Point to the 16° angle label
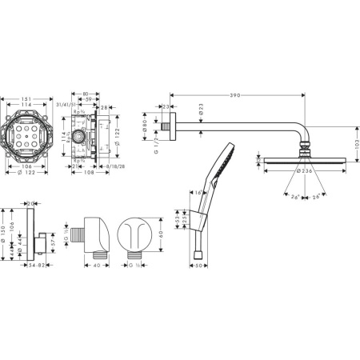tap(196, 193)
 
